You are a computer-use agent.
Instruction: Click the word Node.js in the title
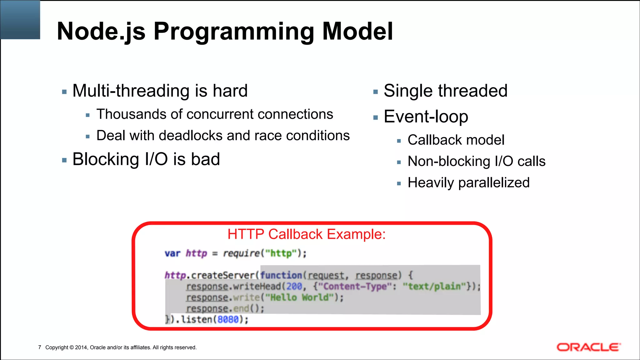point(101,32)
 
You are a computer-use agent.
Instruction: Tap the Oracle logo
point(588,347)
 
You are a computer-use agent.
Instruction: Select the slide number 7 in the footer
point(40,347)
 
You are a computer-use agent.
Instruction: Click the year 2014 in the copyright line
point(81,347)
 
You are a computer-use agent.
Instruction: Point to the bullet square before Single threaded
point(376,92)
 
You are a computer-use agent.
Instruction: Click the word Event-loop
point(426,117)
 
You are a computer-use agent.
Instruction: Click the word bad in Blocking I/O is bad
point(205,159)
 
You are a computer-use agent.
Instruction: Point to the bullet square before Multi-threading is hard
point(64,92)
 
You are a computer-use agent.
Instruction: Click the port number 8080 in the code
point(228,319)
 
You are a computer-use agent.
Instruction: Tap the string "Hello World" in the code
point(299,297)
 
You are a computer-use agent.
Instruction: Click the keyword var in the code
point(172,253)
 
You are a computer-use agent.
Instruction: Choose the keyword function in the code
point(281,275)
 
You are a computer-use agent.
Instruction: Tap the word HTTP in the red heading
point(246,234)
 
